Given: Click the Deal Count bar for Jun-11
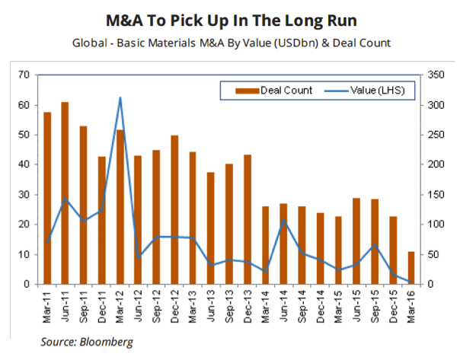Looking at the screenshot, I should click(x=65, y=193).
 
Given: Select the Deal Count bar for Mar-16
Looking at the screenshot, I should click(x=411, y=268).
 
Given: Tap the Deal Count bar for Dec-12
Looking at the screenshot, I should click(x=174, y=210).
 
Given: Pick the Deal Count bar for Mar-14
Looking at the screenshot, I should click(x=266, y=245).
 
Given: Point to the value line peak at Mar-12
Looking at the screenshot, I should click(x=120, y=97).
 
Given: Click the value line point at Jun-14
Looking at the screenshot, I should click(x=284, y=221).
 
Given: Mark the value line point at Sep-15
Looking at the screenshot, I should click(x=375, y=245).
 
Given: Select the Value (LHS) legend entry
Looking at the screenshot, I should click(x=366, y=91).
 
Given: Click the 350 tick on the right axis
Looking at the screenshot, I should click(x=435, y=75).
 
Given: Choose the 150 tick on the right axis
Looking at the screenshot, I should click(x=435, y=194).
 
